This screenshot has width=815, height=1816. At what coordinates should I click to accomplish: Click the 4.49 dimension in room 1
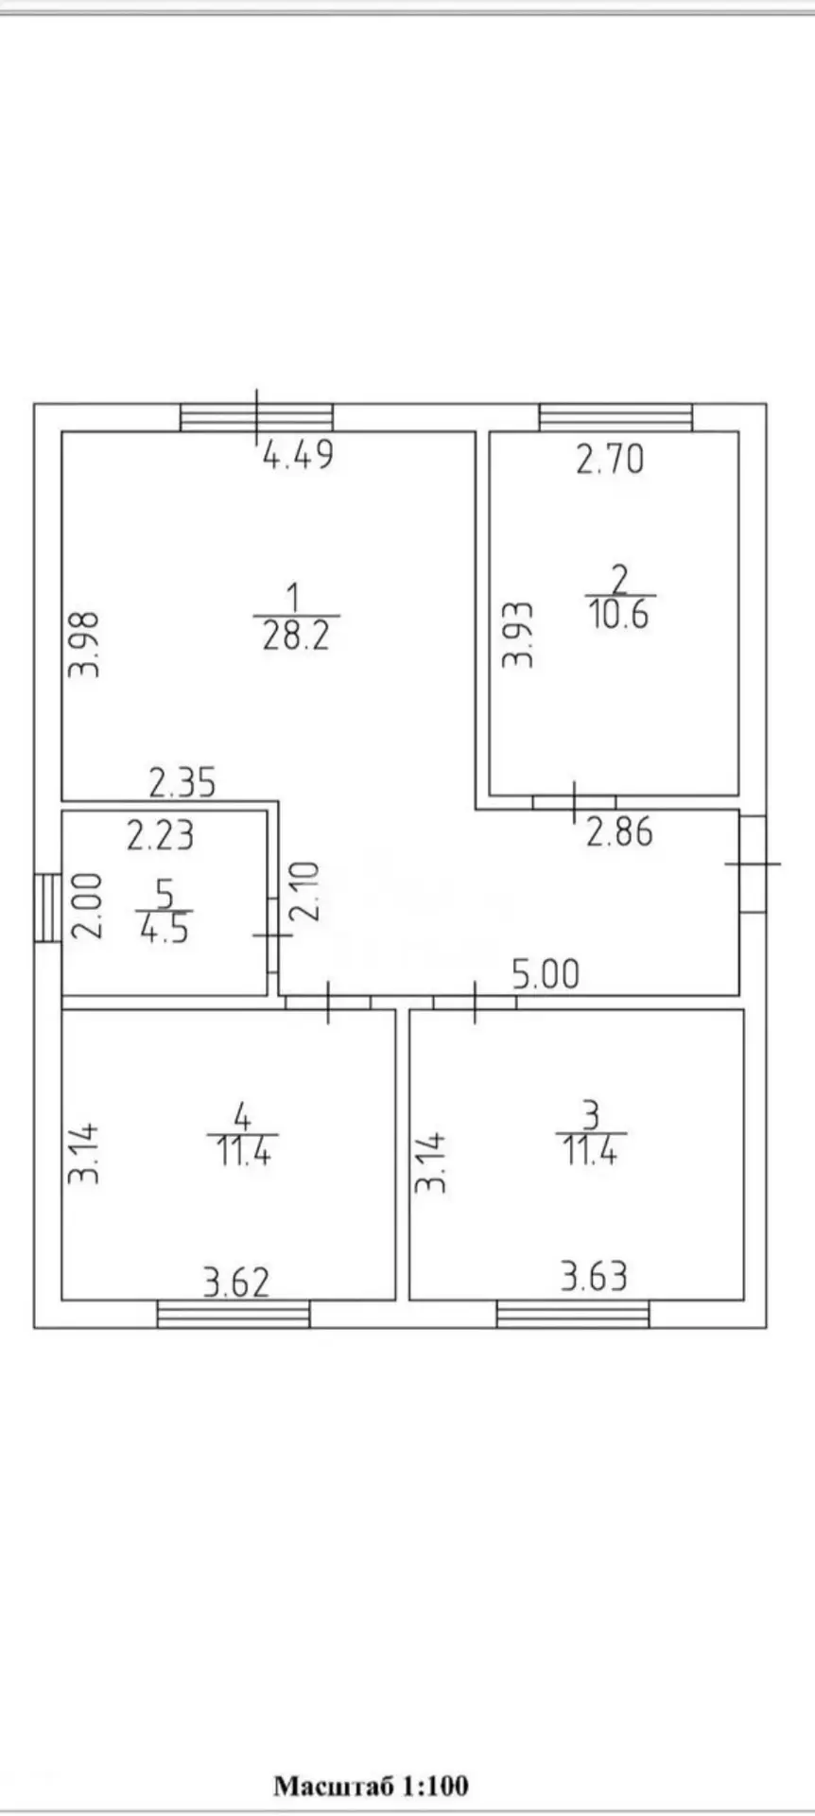(x=298, y=456)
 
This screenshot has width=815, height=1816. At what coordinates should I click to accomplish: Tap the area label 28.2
(x=296, y=635)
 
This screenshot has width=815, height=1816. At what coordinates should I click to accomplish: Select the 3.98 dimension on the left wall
(x=85, y=644)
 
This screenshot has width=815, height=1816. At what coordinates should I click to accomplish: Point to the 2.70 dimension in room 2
(x=610, y=459)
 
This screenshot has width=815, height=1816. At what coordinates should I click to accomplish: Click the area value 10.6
(x=619, y=614)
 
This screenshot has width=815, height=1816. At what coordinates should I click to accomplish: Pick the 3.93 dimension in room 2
(x=518, y=635)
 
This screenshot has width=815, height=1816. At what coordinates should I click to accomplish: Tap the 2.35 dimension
(x=182, y=782)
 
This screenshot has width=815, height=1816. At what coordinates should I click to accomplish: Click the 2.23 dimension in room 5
(x=161, y=835)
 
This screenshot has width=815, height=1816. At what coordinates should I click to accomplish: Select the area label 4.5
(x=164, y=928)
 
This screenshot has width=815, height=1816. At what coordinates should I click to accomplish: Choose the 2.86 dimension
(x=619, y=831)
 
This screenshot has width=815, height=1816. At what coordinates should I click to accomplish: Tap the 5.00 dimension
(x=546, y=974)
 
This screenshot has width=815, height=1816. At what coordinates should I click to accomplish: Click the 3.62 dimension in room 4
(x=236, y=1283)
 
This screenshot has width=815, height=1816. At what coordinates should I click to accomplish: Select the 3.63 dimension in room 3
(x=594, y=1277)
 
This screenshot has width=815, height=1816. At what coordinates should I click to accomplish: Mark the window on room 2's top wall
(x=616, y=417)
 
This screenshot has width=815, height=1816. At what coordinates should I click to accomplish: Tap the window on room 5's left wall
(x=47, y=907)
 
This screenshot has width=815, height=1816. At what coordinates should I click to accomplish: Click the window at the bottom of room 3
(x=573, y=1314)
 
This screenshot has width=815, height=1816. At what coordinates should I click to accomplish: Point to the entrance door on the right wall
(x=753, y=863)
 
